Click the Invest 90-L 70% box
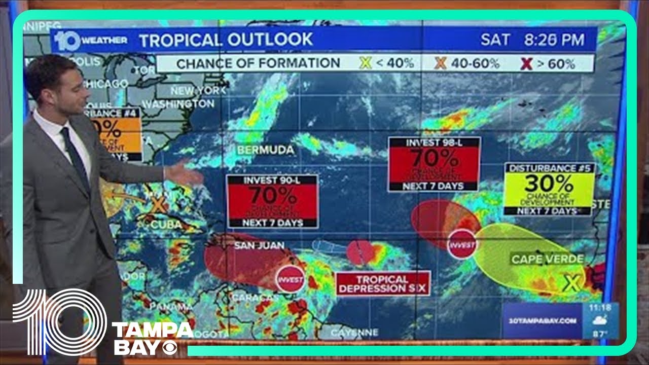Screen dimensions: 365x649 272,201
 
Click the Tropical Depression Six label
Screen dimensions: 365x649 383,283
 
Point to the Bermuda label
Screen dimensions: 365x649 265,150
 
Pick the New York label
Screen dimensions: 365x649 198,91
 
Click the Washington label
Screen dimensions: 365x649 178,104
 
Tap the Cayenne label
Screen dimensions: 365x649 354,333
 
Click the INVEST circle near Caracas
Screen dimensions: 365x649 290,279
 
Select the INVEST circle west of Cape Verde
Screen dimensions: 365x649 462,244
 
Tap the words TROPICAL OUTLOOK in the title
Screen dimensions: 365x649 226,40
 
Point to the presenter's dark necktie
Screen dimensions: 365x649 75,157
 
